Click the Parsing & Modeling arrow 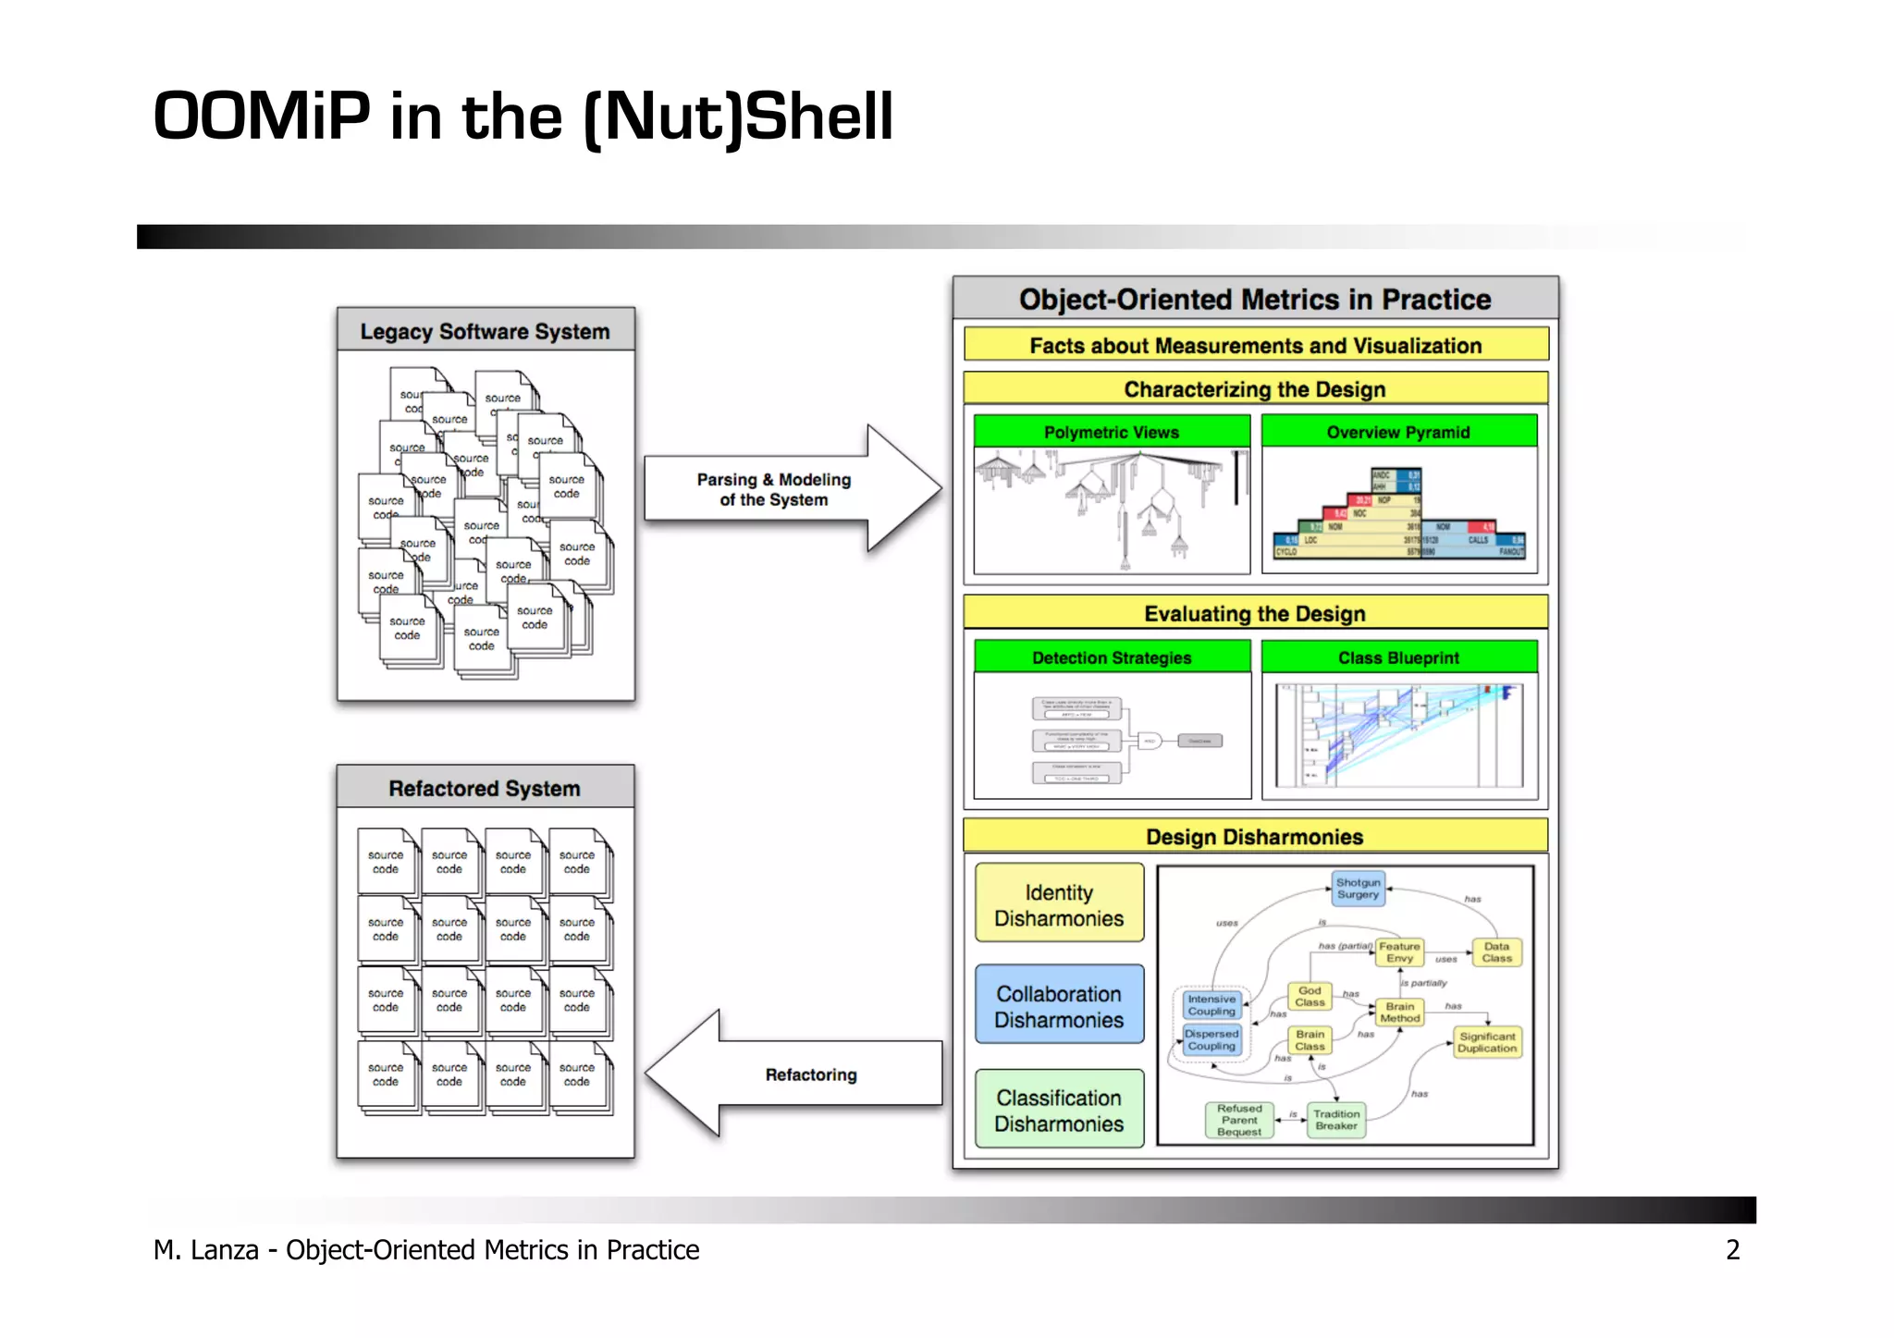click(x=775, y=489)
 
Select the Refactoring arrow click(x=810, y=1074)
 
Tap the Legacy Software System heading click(x=485, y=331)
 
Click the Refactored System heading click(x=485, y=788)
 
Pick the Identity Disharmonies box click(x=1059, y=904)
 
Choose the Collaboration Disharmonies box click(x=1059, y=1006)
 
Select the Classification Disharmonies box click(x=1059, y=1110)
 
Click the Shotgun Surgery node click(x=1358, y=889)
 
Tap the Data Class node click(x=1496, y=952)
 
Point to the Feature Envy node click(x=1399, y=952)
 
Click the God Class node click(x=1310, y=997)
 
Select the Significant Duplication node click(x=1487, y=1042)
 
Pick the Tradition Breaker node click(x=1336, y=1120)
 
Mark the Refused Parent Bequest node click(x=1239, y=1120)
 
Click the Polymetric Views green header click(x=1112, y=432)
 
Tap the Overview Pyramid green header click(x=1398, y=432)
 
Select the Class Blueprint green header click(x=1398, y=657)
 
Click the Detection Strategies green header click(x=1112, y=657)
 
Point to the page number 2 click(x=1732, y=1250)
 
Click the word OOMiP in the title click(x=262, y=117)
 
